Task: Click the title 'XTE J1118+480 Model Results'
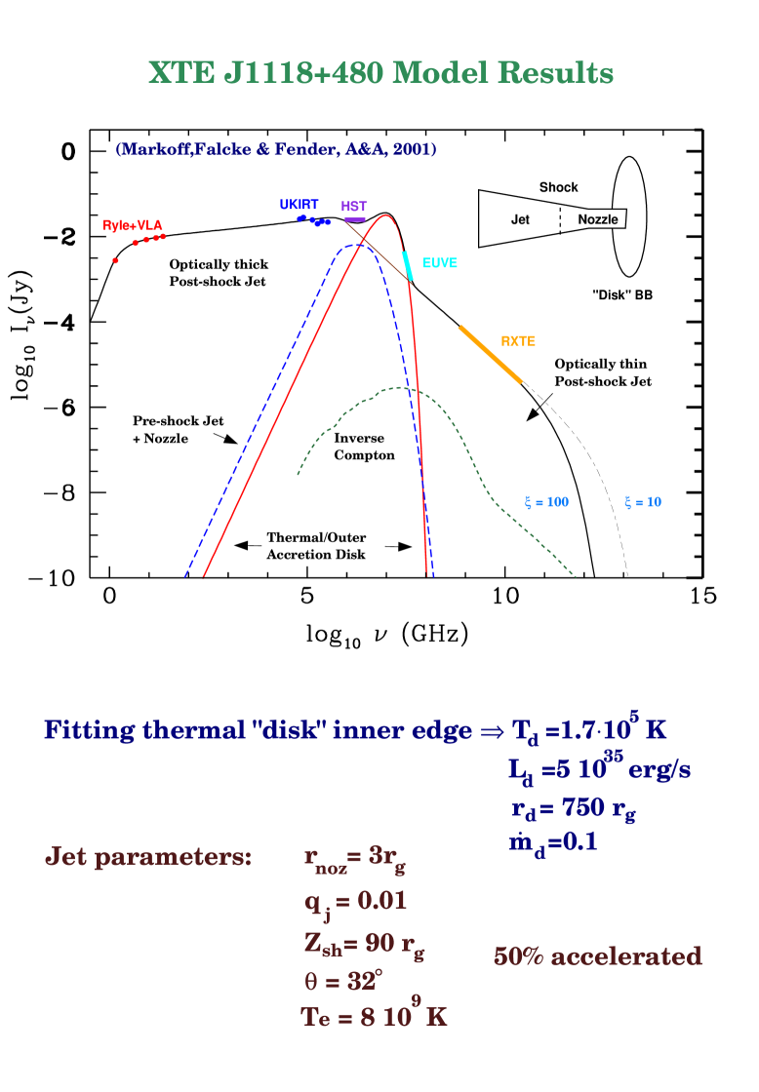[x=380, y=74]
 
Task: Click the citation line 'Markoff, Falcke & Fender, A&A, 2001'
[x=276, y=149]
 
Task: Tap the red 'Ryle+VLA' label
[x=133, y=225]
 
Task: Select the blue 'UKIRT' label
[x=299, y=205]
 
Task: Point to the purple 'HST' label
[x=353, y=207]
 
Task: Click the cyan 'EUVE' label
[x=439, y=263]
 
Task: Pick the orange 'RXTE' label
[x=518, y=341]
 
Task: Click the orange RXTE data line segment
[x=491, y=355]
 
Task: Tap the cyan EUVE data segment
[x=408, y=265]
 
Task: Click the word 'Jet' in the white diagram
[x=520, y=219]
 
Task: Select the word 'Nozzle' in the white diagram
[x=597, y=219]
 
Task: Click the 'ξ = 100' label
[x=546, y=502]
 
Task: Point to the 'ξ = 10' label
[x=643, y=502]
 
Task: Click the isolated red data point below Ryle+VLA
[x=115, y=260]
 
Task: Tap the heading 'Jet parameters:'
[x=148, y=857]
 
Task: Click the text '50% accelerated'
[x=597, y=956]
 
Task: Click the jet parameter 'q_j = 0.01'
[x=355, y=902]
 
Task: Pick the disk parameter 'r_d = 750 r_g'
[x=573, y=809]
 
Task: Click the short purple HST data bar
[x=355, y=219]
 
